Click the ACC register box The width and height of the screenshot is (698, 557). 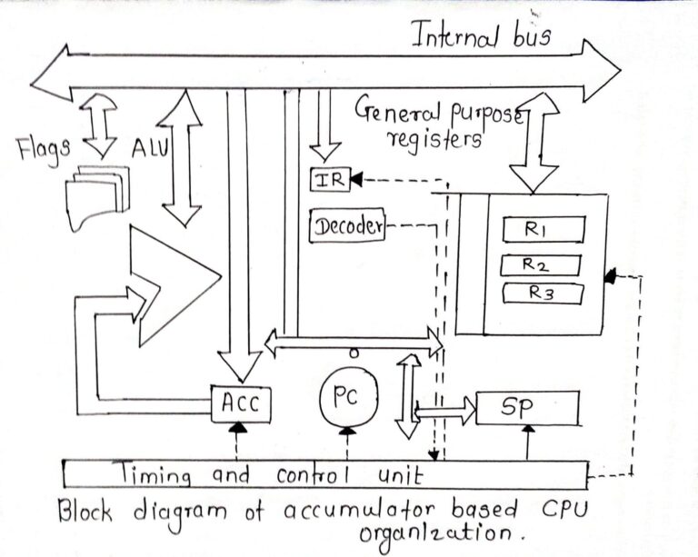click(x=240, y=402)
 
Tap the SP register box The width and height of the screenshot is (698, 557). click(x=527, y=408)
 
